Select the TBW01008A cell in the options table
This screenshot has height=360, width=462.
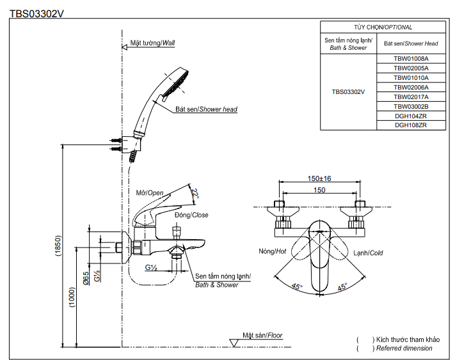pyautogui.click(x=411, y=58)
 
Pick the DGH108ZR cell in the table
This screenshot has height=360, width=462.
pyautogui.click(x=411, y=125)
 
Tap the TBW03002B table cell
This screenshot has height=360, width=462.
pyautogui.click(x=411, y=106)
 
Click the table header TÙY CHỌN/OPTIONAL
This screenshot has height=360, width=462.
pyautogui.click(x=383, y=27)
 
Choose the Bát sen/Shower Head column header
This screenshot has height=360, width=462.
pyautogui.click(x=411, y=43)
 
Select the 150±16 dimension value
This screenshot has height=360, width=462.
pyautogui.click(x=319, y=179)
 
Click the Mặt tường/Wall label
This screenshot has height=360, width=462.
pyautogui.click(x=152, y=43)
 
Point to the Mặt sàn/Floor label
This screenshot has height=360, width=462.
pyautogui.click(x=262, y=335)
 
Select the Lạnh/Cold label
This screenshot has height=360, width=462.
pyautogui.click(x=368, y=253)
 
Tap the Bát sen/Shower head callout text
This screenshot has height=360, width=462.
pyautogui.click(x=206, y=109)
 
